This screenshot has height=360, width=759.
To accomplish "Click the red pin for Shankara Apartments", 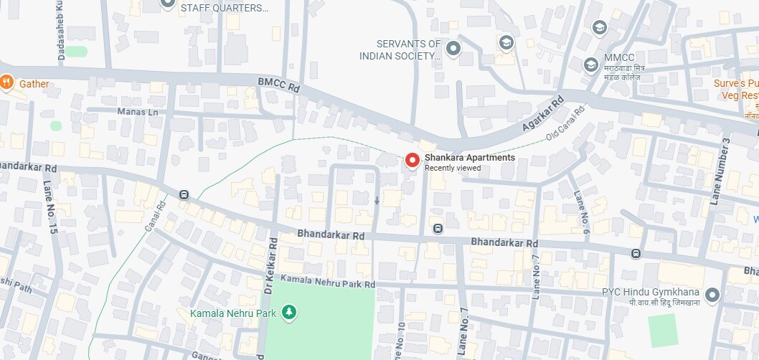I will click(x=412, y=161).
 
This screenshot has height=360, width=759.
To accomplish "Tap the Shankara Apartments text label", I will click(x=469, y=158).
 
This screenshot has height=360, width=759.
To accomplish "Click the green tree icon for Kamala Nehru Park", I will click(x=288, y=312).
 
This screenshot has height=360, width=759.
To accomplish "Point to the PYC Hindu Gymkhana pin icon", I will click(x=712, y=295).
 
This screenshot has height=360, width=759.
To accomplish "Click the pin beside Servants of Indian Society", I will click(x=453, y=49).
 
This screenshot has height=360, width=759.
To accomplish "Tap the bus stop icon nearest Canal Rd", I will click(x=184, y=195).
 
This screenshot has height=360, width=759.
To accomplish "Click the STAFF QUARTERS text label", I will click(x=225, y=8).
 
